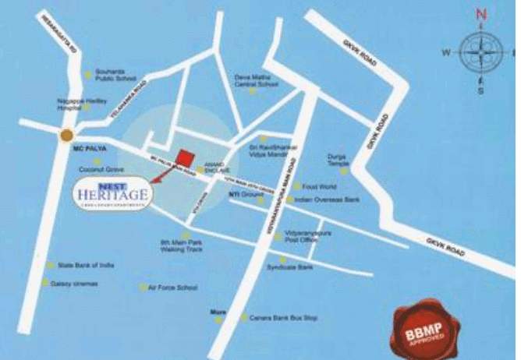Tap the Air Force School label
point(172,287)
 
